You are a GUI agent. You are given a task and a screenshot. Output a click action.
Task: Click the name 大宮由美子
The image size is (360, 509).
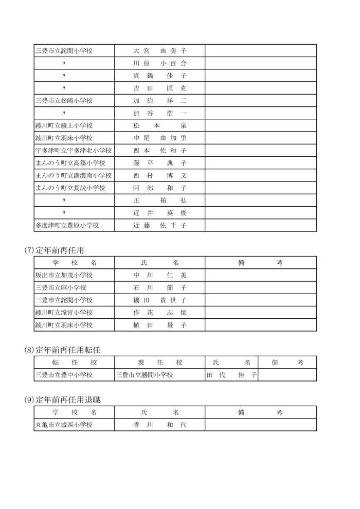coord(159,51)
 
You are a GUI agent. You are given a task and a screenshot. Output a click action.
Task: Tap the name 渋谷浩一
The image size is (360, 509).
coord(159,113)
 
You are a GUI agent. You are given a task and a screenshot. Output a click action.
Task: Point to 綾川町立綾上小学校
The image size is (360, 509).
coord(64,125)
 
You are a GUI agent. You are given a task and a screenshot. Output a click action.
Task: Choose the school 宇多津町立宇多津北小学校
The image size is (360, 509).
coord(74,151)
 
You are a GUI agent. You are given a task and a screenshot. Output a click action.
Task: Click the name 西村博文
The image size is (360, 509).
coord(159,175)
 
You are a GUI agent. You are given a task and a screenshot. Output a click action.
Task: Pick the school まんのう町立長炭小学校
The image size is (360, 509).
coord(70,188)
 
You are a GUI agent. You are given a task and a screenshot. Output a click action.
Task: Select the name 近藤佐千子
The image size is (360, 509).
coord(159,225)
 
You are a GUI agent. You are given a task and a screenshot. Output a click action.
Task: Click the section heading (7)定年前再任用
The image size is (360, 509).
coord(54,250)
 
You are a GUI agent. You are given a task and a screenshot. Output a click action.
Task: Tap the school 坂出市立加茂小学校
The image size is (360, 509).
coord(64,275)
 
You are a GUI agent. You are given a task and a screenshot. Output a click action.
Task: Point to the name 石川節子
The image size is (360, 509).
coord(159,287)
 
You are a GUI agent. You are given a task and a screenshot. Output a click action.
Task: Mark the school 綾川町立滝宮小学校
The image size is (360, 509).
coord(64,313)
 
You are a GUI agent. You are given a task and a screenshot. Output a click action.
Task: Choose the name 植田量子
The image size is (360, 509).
coord(159,325)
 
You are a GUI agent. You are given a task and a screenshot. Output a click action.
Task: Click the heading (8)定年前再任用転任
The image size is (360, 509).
coord(62,350)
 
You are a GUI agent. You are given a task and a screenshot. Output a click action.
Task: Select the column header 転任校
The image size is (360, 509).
coord(75,362)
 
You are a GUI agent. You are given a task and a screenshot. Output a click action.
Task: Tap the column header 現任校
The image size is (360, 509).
coord(159,362)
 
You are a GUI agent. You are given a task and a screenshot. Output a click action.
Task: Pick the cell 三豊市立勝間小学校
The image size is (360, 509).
coord(146,375)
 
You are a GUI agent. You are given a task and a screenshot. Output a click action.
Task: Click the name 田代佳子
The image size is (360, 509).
coord(231,375)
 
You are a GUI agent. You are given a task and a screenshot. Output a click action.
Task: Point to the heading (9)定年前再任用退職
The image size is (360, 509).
coord(62,399)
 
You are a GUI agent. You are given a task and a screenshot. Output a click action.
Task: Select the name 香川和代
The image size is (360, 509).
coord(159,425)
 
